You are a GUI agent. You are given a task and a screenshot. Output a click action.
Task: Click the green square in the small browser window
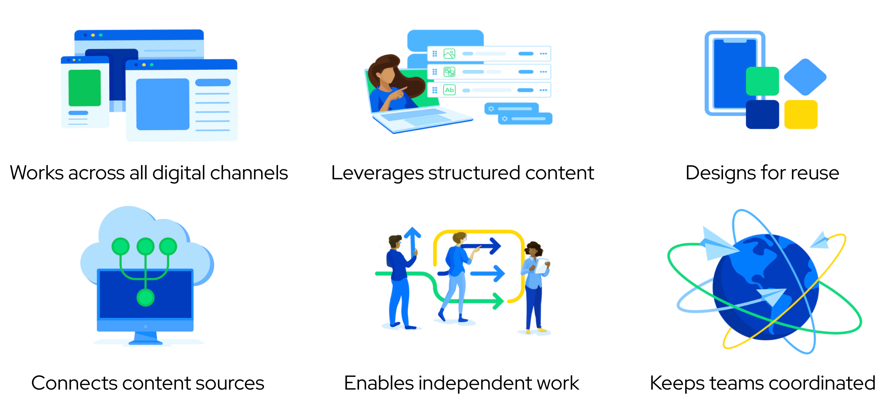(85, 88)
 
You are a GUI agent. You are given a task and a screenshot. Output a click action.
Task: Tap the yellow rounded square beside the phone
(801, 114)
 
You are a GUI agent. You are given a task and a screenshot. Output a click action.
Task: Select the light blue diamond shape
(805, 77)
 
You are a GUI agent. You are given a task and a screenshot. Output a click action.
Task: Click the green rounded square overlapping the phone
(763, 81)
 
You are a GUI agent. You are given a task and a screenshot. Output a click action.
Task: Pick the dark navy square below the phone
(763, 114)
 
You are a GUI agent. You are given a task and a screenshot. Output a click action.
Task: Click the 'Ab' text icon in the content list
(449, 90)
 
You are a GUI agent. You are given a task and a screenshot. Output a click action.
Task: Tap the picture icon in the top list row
(449, 54)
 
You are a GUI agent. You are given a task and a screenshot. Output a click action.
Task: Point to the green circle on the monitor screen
(146, 298)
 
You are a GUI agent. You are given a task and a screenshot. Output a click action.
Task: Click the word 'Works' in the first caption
(37, 173)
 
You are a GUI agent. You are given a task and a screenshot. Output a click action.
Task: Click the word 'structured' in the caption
(474, 173)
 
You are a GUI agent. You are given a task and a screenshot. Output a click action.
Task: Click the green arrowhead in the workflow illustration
(499, 301)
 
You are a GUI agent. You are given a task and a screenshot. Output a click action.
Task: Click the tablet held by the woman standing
(542, 266)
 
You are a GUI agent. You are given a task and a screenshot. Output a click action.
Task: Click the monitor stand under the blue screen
(146, 338)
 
